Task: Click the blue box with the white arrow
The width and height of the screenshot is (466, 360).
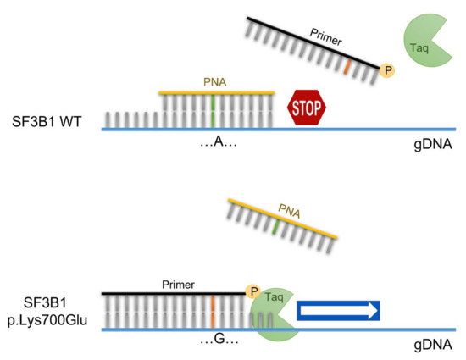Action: pos(338,311)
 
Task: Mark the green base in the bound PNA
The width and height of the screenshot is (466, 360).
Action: pos(214,110)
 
